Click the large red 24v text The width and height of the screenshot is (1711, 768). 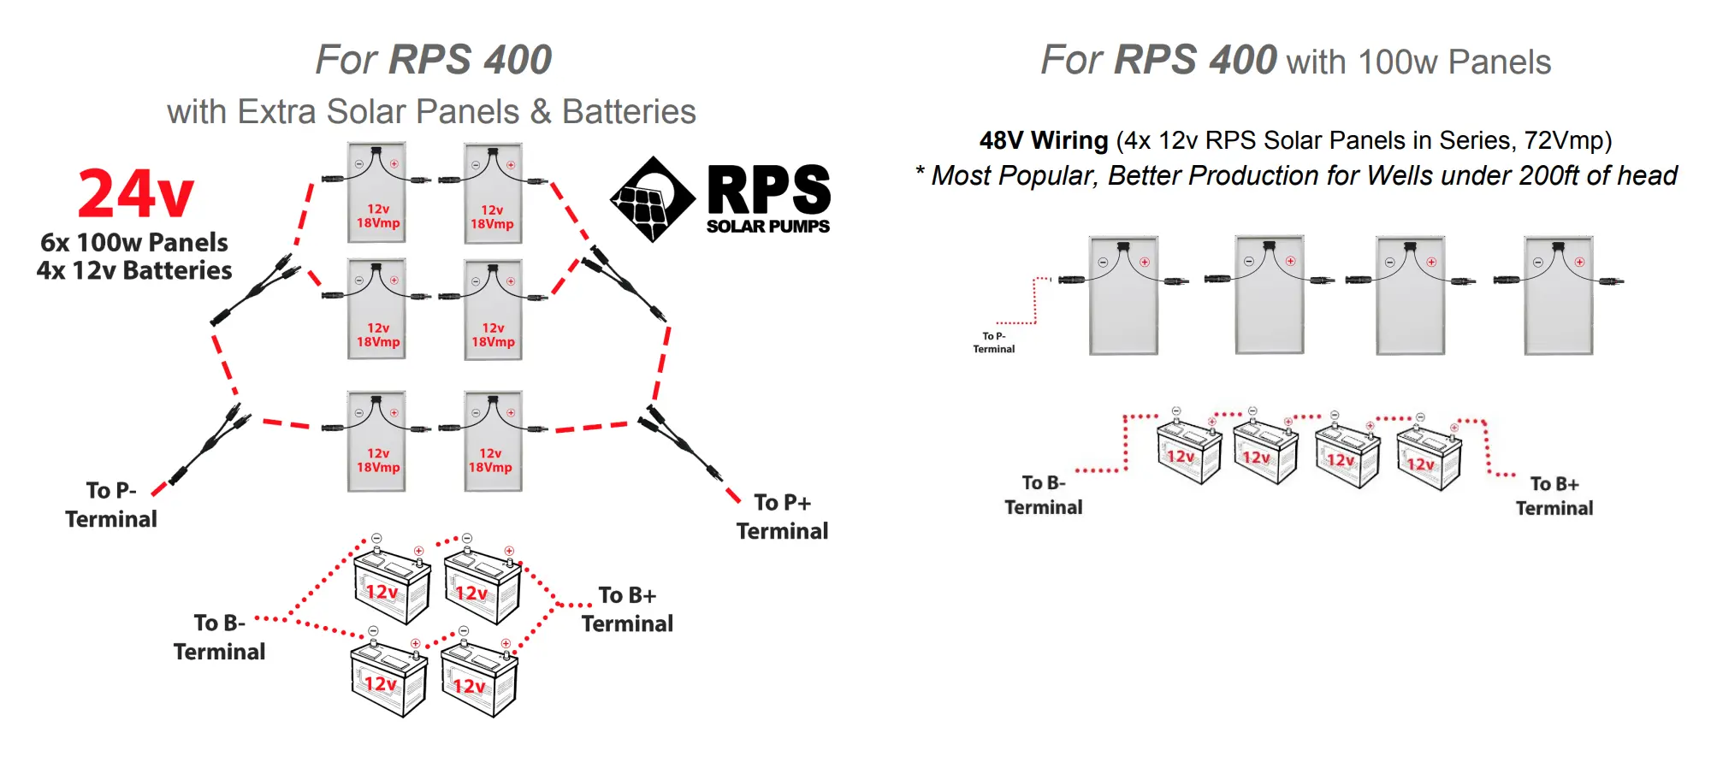pos(135,194)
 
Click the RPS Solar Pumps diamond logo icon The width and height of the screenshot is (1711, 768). pos(652,199)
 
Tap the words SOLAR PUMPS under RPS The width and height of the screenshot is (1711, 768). pos(767,227)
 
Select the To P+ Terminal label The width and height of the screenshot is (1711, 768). pos(781,517)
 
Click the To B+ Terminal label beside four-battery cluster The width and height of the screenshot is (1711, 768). pos(627,609)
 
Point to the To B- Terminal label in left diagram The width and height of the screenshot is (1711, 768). pos(219,637)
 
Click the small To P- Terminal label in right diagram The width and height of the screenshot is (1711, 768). pos(993,342)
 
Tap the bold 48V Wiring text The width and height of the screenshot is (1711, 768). pos(1043,140)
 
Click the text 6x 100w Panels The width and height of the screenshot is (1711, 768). pos(134,242)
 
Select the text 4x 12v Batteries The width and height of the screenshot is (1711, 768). pos(134,270)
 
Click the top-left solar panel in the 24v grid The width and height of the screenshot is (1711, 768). pos(376,193)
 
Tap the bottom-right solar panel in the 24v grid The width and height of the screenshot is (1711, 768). pos(493,441)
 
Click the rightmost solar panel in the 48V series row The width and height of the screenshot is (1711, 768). pos(1558,295)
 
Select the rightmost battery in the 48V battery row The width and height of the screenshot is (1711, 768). pos(1428,458)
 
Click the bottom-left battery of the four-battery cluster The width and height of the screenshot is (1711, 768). pos(388,680)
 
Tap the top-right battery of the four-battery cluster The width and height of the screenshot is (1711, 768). pos(482,586)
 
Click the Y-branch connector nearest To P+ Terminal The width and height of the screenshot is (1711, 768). pos(681,444)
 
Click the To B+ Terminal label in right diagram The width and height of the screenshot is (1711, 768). pos(1554,496)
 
